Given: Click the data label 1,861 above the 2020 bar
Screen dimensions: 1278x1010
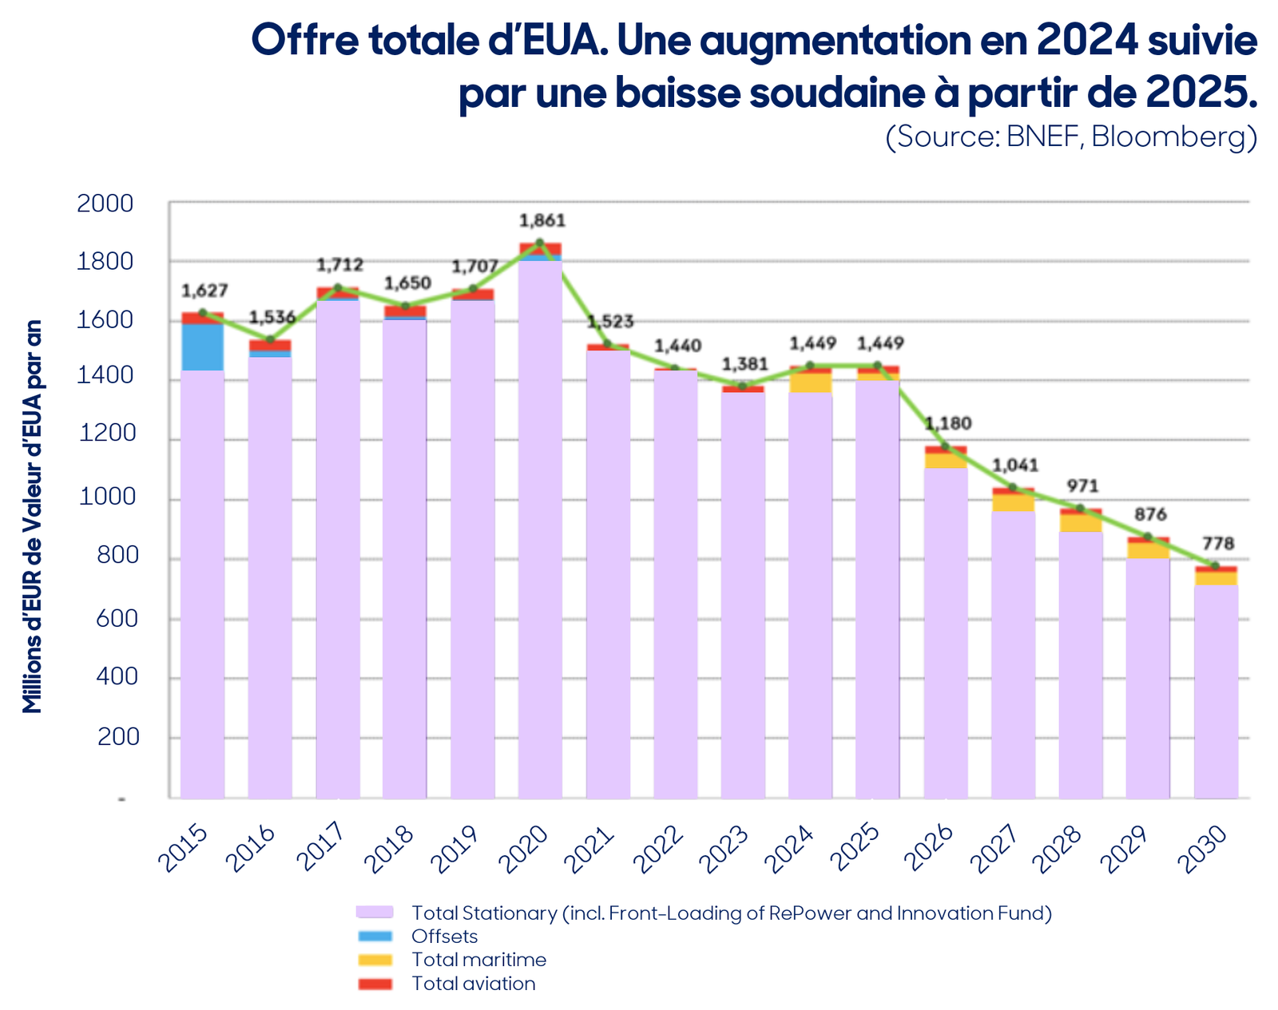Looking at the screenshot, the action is click(x=542, y=220).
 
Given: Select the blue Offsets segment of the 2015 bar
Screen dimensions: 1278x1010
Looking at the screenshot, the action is click(x=203, y=347).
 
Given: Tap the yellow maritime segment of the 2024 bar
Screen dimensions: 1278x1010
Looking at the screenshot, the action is click(x=810, y=383).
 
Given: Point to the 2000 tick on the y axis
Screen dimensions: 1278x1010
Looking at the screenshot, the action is click(x=105, y=204).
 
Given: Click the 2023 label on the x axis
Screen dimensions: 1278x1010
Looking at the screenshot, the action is click(x=724, y=850).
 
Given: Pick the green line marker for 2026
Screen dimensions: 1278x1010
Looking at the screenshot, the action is click(x=946, y=446).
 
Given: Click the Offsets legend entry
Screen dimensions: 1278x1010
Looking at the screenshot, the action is click(x=445, y=937).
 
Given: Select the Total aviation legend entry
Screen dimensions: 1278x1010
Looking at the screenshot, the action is click(x=474, y=984).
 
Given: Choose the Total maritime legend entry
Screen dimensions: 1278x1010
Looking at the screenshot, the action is click(x=478, y=960).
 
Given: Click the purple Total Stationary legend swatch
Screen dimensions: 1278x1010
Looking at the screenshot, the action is click(x=375, y=913).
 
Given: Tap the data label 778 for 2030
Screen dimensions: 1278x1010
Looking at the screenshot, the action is click(x=1218, y=543).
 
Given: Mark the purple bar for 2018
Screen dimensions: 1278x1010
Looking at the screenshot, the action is click(x=404, y=559).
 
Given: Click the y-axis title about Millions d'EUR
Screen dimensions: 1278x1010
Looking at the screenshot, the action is click(x=32, y=517).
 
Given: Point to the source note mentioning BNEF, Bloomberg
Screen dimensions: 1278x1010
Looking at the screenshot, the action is click(x=1071, y=137).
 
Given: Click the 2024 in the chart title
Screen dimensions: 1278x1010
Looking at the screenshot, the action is click(x=1087, y=41).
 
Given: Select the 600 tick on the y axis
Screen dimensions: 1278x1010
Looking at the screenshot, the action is click(x=117, y=620).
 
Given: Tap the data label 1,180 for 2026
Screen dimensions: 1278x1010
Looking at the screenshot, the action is click(x=948, y=423).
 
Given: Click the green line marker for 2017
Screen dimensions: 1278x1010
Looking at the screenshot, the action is click(x=338, y=288).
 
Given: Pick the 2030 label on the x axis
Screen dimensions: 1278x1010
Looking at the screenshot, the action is click(x=1201, y=850).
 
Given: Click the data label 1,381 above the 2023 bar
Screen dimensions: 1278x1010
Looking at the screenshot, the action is click(x=744, y=364).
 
